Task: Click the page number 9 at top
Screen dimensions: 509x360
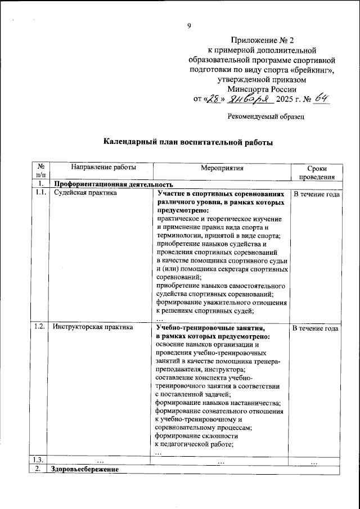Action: coord(190,25)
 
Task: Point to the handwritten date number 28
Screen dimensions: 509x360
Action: coord(213,100)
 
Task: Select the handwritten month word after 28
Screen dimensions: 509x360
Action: coord(248,100)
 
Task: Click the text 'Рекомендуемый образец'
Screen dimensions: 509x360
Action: coord(266,116)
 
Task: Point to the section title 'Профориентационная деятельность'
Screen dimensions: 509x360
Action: coord(107,184)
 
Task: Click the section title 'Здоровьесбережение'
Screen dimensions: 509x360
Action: coord(84,469)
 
